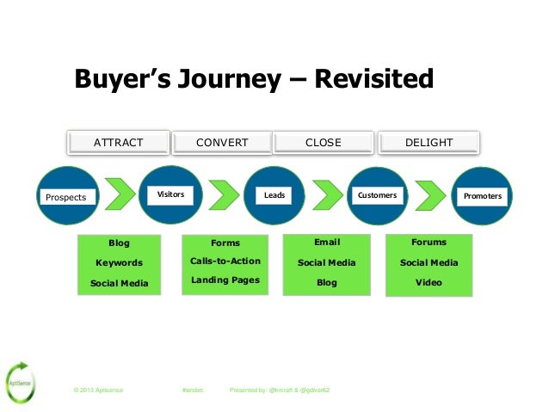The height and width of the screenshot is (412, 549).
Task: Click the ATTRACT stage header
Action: tap(119, 142)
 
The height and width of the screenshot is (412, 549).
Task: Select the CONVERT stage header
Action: tap(222, 142)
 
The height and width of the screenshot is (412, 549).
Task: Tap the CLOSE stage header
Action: tap(324, 142)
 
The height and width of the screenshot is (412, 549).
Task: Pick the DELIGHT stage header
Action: tap(429, 142)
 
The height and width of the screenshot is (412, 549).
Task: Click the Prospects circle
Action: tap(67, 196)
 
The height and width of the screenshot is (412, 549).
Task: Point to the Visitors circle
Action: tap(170, 195)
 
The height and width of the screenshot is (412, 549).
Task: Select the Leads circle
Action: tap(274, 195)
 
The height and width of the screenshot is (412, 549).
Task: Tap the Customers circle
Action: tap(378, 195)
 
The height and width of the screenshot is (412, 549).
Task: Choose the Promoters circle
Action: tap(482, 196)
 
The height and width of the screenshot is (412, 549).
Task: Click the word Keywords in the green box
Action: tap(119, 262)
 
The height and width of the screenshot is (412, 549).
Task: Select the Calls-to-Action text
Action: tap(225, 261)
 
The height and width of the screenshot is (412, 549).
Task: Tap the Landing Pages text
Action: tap(225, 280)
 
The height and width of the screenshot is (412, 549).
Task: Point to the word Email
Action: tap(327, 243)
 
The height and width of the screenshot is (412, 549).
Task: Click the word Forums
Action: tap(429, 243)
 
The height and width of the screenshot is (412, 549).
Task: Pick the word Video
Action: tap(429, 282)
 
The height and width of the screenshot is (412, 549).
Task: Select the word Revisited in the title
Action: tap(373, 80)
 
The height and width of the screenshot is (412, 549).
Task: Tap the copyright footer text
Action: tap(99, 390)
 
